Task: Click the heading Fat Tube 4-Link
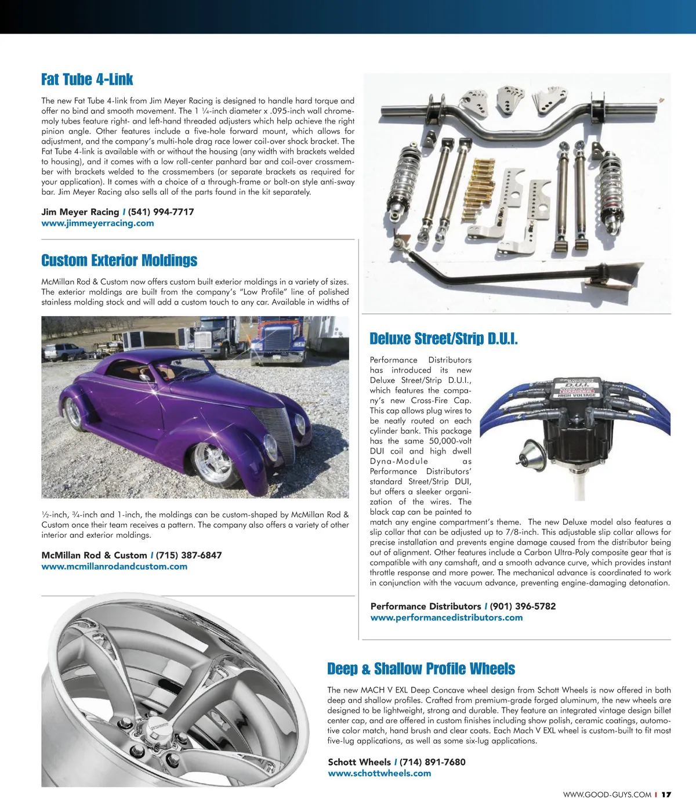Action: pos(87,79)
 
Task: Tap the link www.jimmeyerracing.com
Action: pos(97,223)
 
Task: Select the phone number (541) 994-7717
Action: pos(161,212)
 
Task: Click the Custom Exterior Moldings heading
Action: pos(119,260)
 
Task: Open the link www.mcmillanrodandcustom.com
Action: pos(114,567)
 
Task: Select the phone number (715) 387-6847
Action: pos(188,556)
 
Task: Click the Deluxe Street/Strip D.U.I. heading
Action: pos(444,339)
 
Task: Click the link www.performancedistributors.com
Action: pos(447,618)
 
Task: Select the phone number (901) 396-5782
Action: pos(523,607)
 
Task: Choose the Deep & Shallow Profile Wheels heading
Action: pos(421,669)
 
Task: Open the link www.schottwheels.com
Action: pos(379,774)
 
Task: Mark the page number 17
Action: pos(666,795)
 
